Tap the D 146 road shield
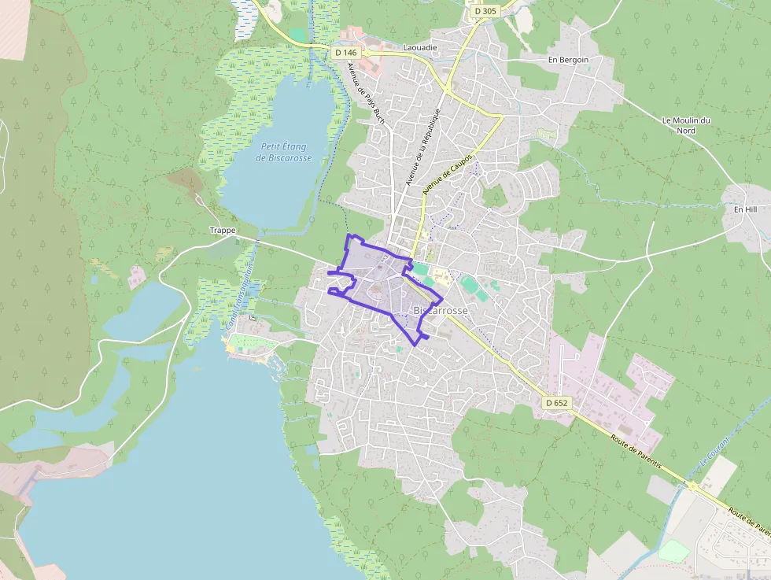click(345, 53)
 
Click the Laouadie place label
click(419, 48)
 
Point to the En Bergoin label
click(568, 59)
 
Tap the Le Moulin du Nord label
click(686, 125)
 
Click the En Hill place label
click(744, 209)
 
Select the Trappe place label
click(223, 231)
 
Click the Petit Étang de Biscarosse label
click(285, 152)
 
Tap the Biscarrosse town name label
click(441, 311)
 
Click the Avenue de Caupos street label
click(448, 174)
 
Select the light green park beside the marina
click(252, 342)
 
